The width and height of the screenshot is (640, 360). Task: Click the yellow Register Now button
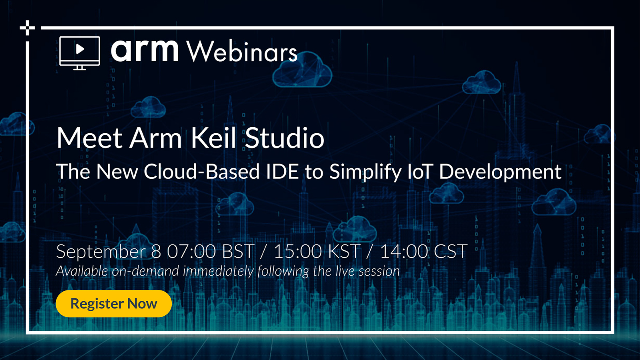tap(114, 303)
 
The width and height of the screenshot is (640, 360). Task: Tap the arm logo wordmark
tap(145, 49)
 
